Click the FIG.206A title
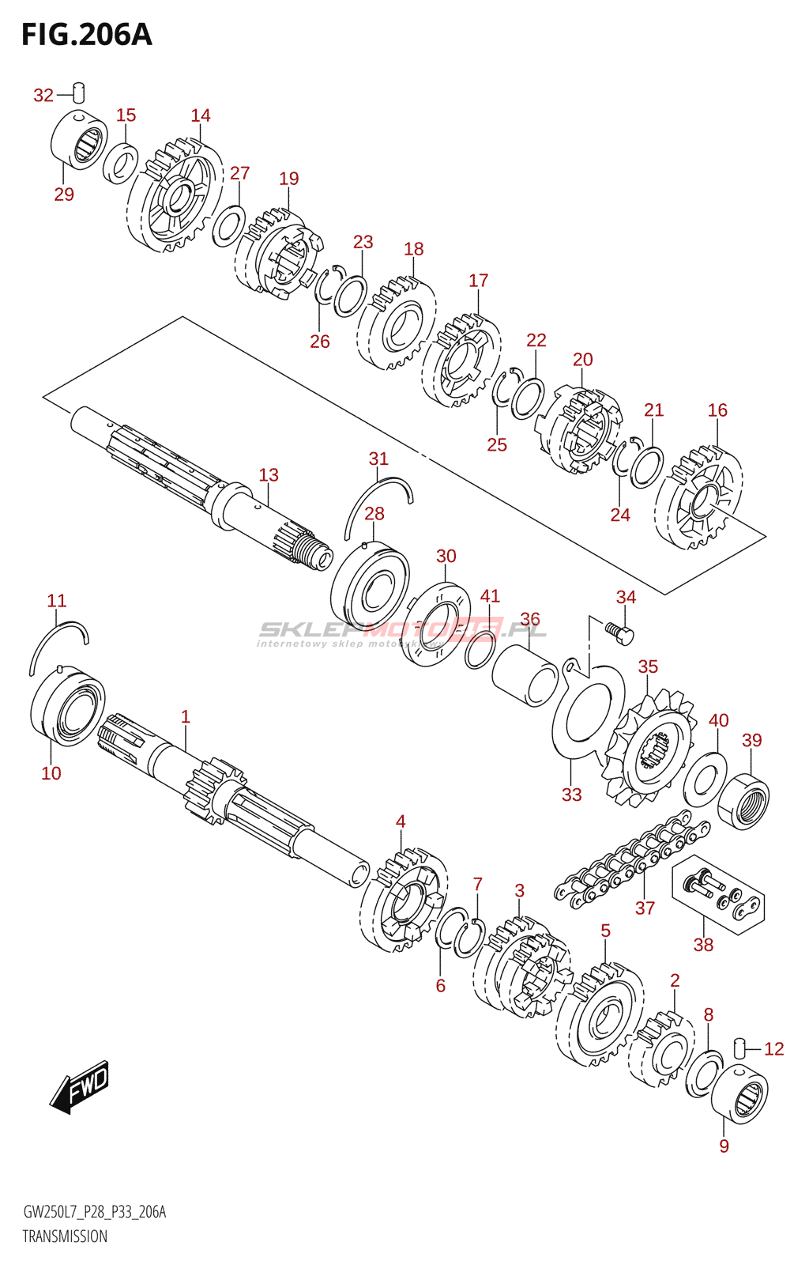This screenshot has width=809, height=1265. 86,35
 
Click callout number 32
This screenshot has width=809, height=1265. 43,96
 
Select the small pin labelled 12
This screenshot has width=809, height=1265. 740,1048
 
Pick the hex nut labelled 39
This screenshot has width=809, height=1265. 744,802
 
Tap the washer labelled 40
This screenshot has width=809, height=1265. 705,779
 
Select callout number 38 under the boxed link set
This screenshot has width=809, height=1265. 703,944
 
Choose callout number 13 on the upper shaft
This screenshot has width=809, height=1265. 269,475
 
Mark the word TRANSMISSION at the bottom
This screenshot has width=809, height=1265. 65,1237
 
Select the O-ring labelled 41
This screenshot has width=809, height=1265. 480,650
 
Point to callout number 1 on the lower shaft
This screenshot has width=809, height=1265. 186,717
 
